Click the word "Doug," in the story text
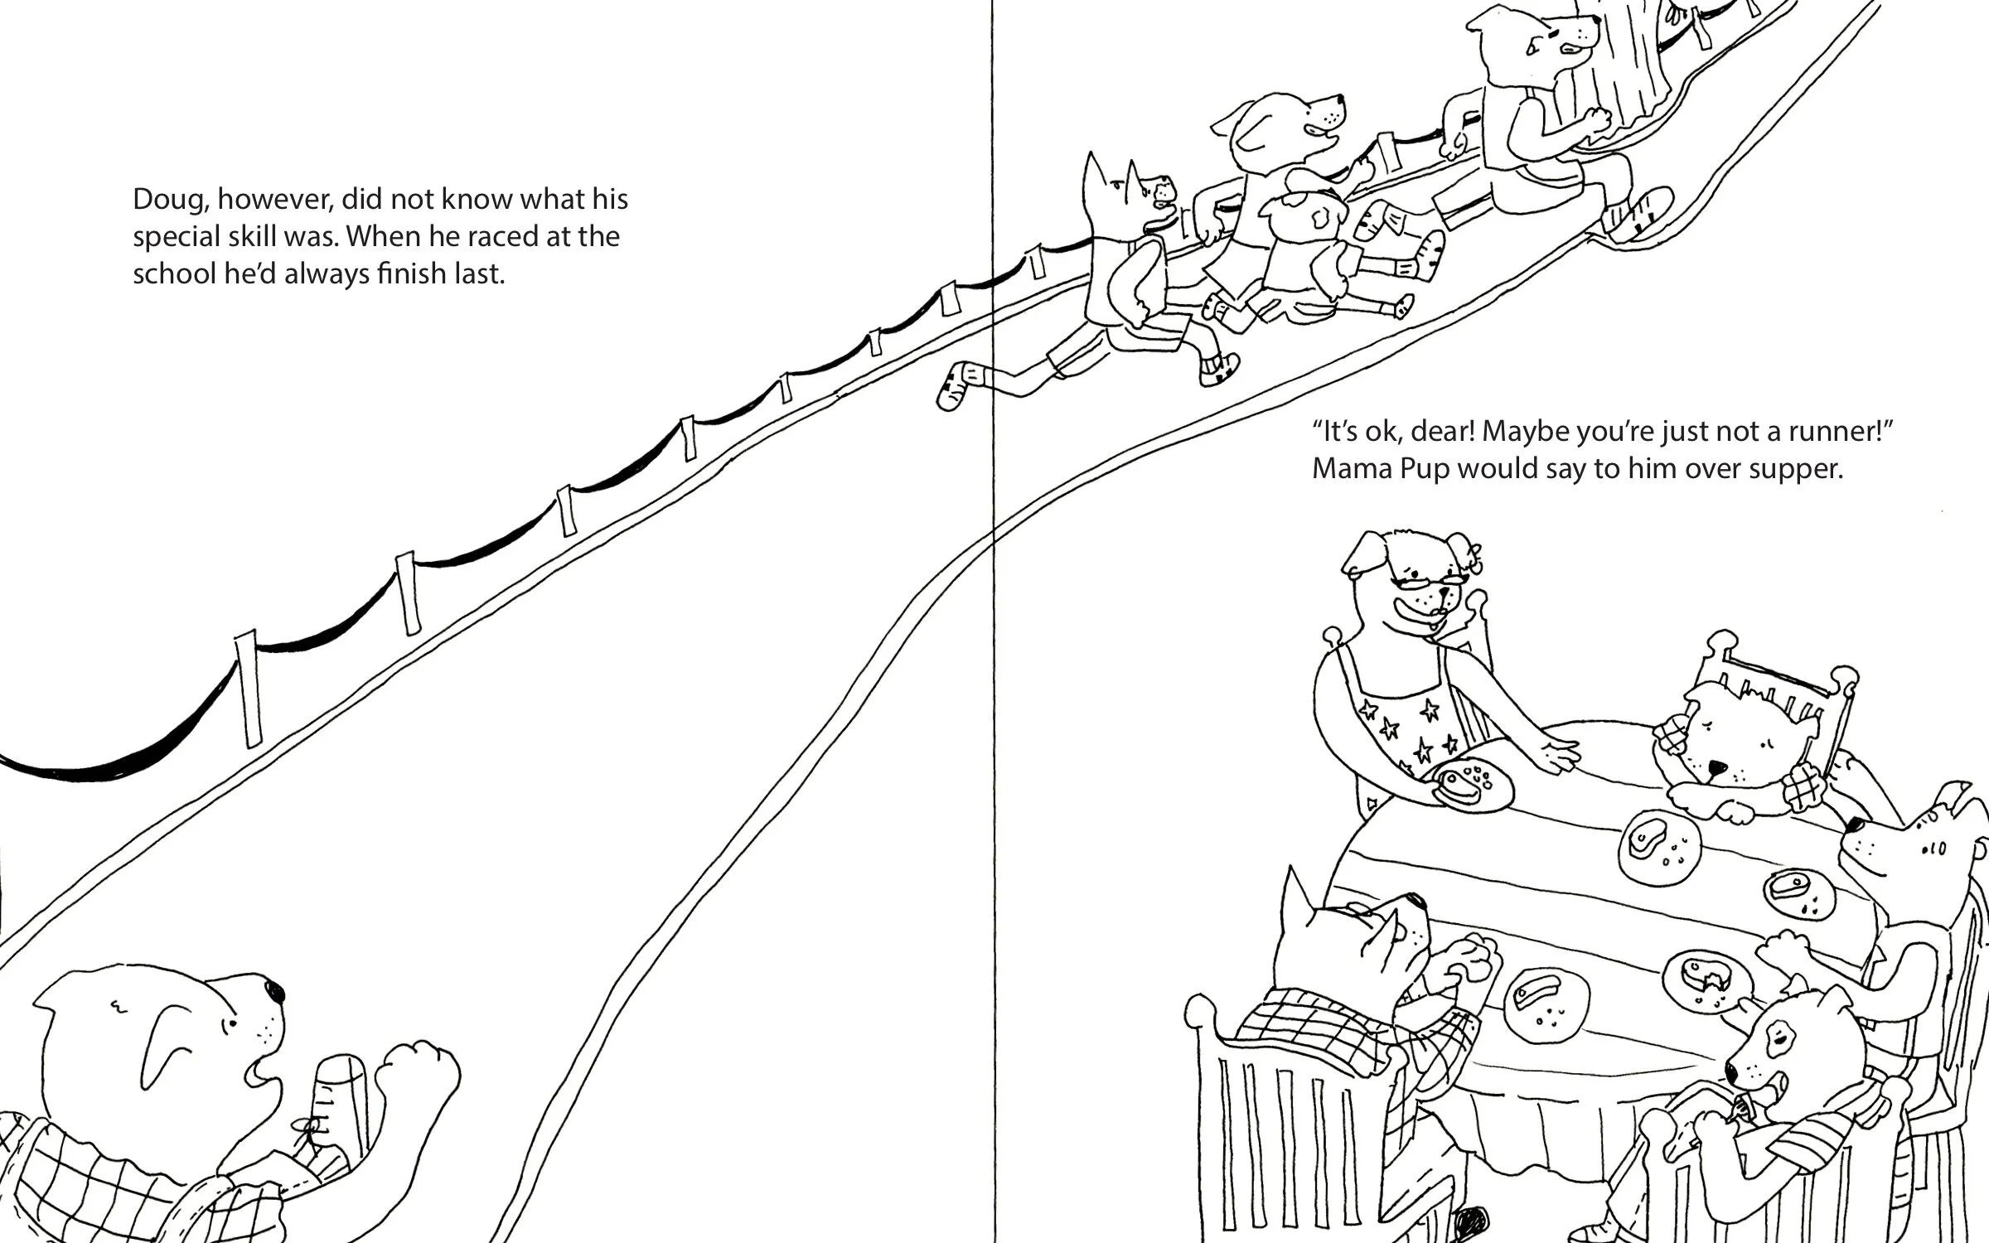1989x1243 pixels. [171, 201]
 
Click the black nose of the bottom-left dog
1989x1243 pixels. [273, 991]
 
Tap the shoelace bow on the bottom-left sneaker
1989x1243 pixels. [309, 1129]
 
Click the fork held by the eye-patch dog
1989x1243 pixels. [1742, 1104]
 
